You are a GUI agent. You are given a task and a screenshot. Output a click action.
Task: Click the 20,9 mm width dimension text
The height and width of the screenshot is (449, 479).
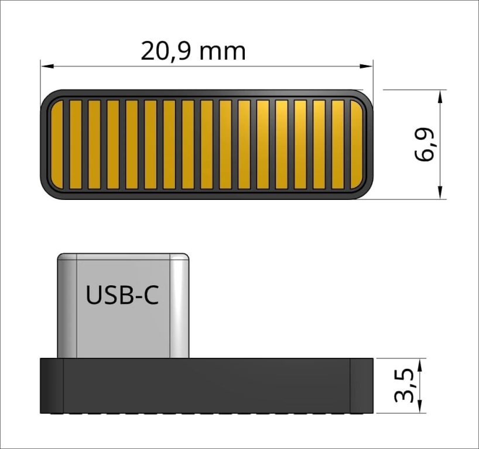[x=193, y=51]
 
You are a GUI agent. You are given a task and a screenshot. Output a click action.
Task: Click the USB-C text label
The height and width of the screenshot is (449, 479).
[x=122, y=295]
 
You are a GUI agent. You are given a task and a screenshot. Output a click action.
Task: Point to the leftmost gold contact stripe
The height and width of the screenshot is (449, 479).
[x=57, y=144]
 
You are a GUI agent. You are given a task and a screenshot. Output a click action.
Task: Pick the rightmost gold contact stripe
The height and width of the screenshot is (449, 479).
[x=356, y=144]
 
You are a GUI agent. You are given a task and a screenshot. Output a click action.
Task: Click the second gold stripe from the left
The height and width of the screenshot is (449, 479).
[x=76, y=144]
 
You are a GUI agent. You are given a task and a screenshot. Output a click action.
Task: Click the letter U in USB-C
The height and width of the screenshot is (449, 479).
[x=94, y=295]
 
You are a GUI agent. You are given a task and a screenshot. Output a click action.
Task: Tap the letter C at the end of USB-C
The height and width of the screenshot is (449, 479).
[x=150, y=295]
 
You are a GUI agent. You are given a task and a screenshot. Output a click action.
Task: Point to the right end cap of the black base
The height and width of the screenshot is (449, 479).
[x=361, y=386]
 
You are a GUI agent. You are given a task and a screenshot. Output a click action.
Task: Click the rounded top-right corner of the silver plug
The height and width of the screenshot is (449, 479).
[x=185, y=257]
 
